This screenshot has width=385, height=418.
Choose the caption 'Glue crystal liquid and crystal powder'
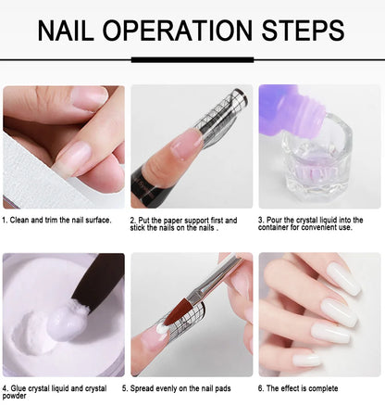pyautogui.click(x=56, y=392)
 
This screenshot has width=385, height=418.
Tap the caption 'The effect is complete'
pyautogui.click(x=302, y=388)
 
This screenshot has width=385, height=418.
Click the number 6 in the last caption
pyautogui.click(x=260, y=388)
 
